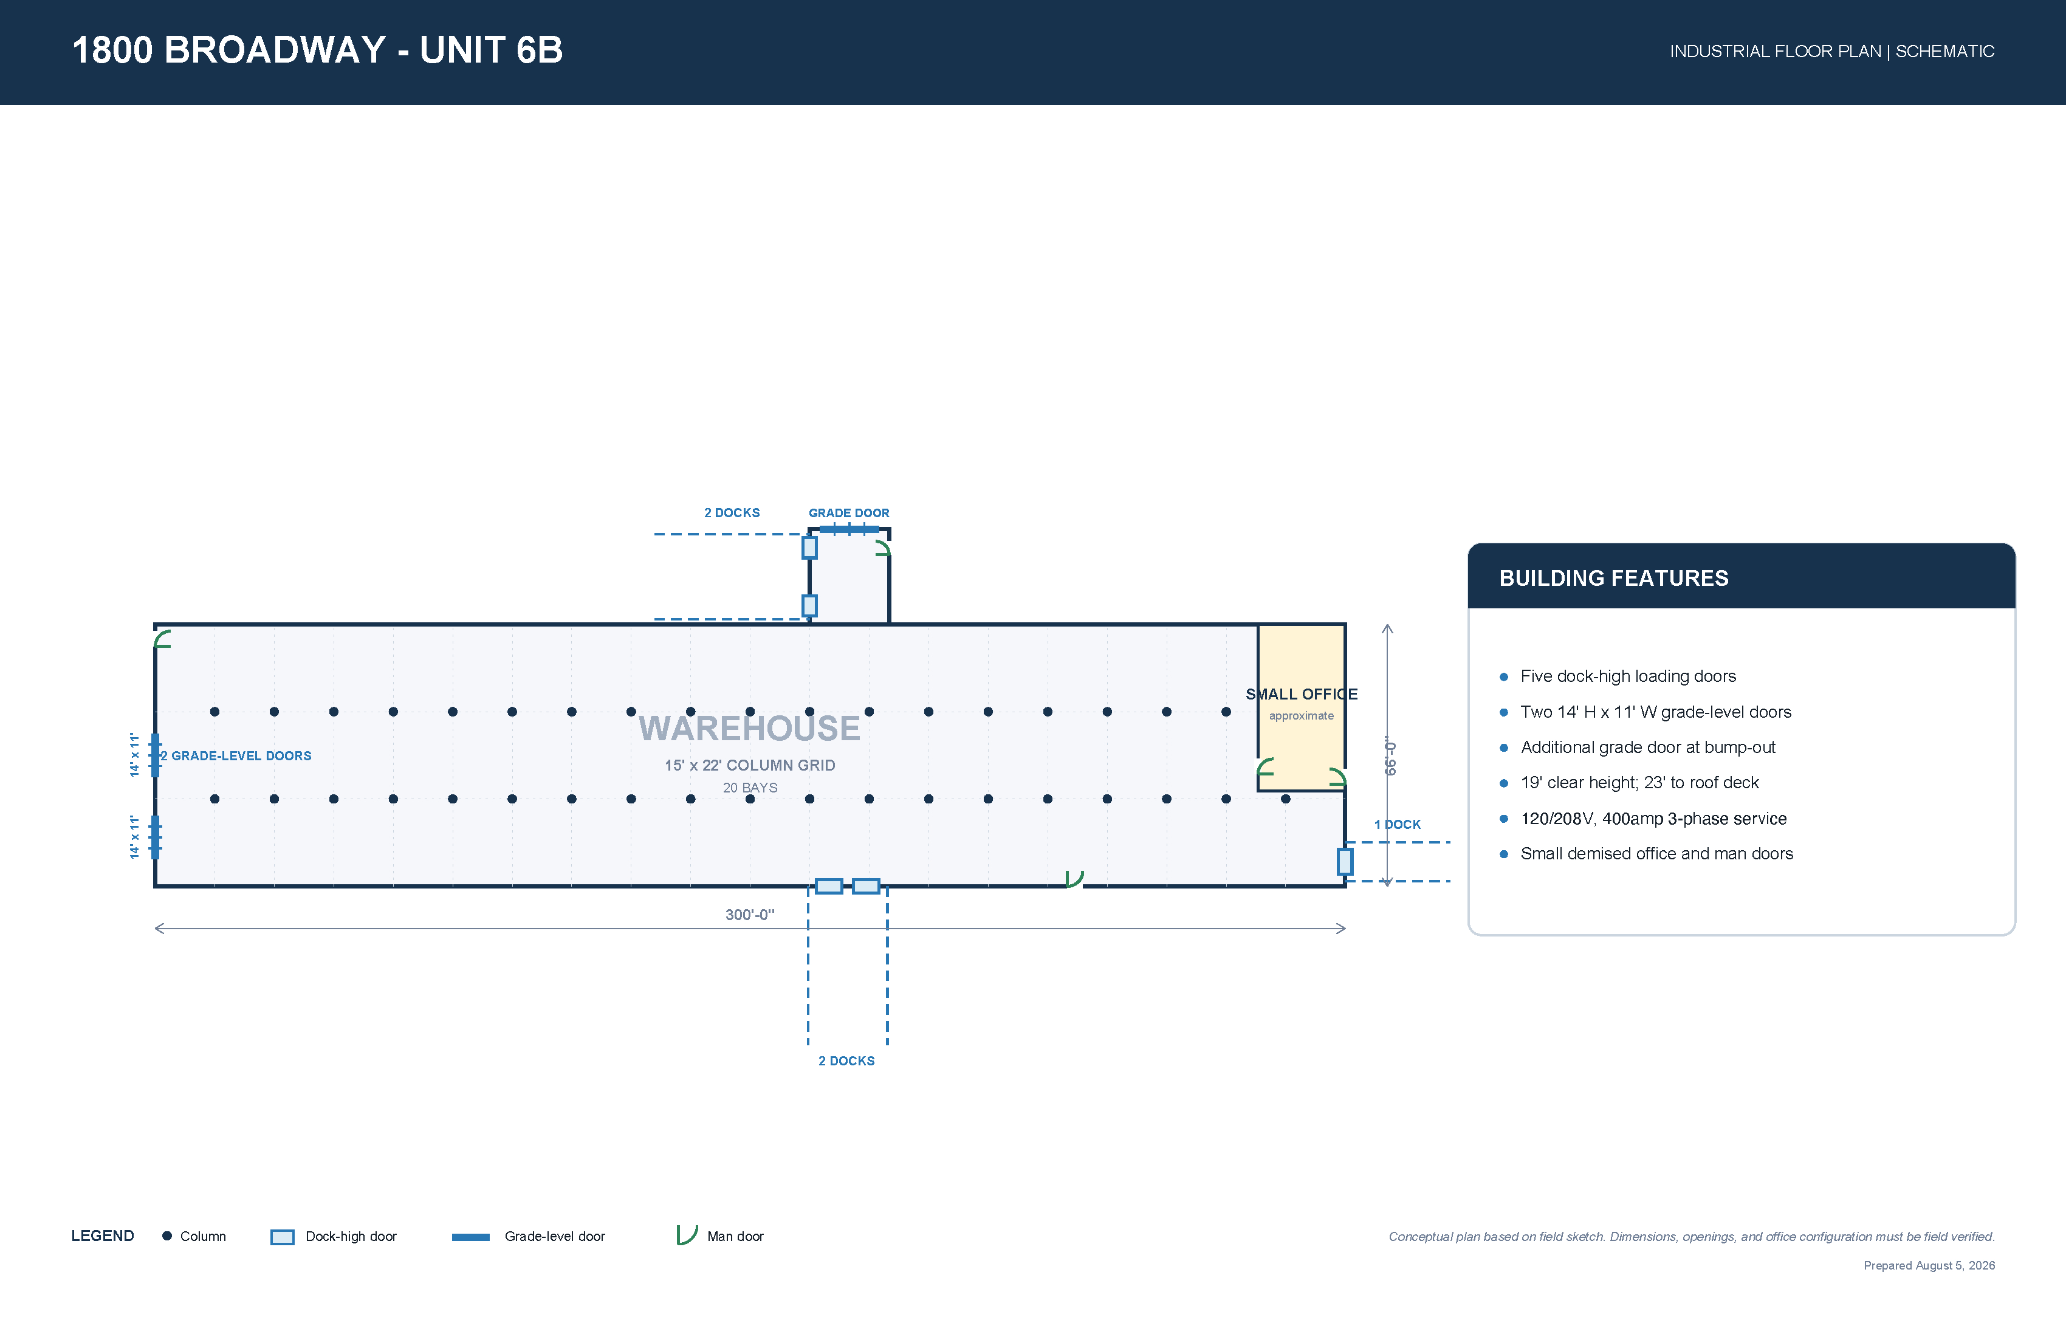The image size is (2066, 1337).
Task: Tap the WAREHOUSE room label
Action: click(x=749, y=727)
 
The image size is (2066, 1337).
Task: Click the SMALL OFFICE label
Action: click(x=1301, y=693)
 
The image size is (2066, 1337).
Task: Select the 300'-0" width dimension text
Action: click(x=749, y=914)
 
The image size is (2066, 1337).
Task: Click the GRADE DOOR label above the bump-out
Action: click(x=848, y=513)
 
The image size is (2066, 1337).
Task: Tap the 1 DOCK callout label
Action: click(x=1397, y=824)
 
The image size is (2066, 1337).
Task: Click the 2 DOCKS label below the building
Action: click(x=846, y=1061)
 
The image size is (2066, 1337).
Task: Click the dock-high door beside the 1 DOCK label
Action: click(x=1345, y=861)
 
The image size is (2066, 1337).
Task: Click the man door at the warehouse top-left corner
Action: click(x=162, y=639)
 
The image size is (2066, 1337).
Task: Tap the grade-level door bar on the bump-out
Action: click(x=849, y=529)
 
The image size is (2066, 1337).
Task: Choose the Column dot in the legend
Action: click(x=166, y=1236)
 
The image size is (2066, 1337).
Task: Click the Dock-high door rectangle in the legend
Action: click(x=282, y=1236)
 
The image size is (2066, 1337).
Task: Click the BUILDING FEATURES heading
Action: click(x=1614, y=578)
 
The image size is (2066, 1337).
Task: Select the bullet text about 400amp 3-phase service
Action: click(x=1653, y=819)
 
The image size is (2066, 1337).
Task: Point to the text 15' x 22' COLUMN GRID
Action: click(x=750, y=765)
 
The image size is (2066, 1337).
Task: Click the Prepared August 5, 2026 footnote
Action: click(x=1929, y=1265)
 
